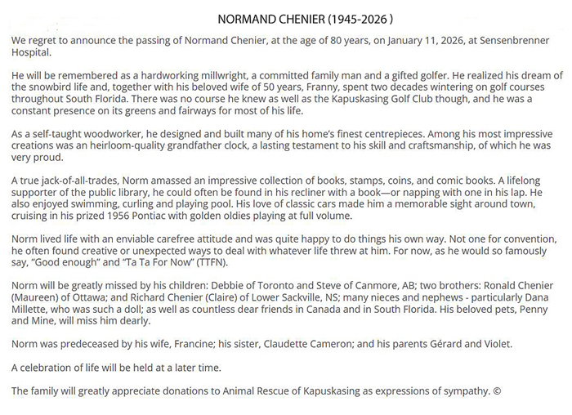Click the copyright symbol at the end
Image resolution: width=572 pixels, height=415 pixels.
click(498, 390)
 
